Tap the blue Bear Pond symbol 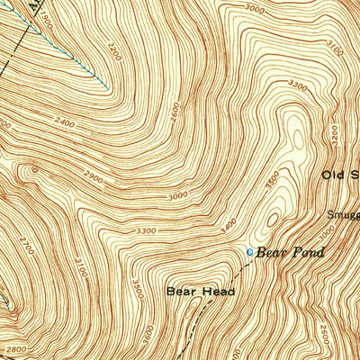[250, 252]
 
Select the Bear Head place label [200, 292]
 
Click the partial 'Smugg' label [343, 215]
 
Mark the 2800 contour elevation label [12, 348]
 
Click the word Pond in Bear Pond [305, 253]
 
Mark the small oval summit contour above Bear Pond [274, 218]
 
